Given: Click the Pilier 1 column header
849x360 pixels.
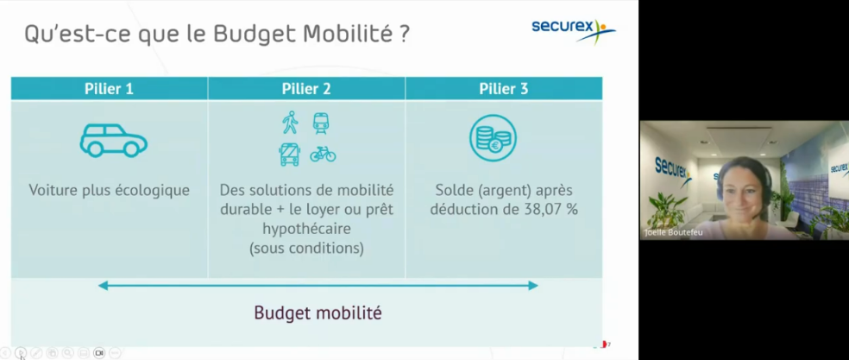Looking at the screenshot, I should click(109, 88).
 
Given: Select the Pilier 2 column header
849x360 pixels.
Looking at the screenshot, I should click(306, 88).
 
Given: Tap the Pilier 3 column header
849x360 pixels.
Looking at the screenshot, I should click(504, 88).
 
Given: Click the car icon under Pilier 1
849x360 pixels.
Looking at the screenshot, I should click(113, 140).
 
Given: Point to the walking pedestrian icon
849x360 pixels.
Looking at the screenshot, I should click(290, 123).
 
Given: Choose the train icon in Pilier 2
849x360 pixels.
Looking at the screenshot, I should click(321, 123).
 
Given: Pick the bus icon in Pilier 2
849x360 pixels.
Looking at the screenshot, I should click(289, 155).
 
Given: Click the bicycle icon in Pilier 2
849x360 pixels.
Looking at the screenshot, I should click(323, 155).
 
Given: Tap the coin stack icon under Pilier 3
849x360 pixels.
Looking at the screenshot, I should click(493, 139).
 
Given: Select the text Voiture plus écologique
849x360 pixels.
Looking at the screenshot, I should click(109, 190).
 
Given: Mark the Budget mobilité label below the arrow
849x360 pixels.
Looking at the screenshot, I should click(318, 313).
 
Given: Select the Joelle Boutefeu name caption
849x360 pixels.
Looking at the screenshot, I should click(673, 232).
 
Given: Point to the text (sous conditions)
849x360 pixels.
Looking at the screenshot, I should click(306, 248).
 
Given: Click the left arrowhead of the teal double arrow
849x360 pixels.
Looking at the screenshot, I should click(103, 285).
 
